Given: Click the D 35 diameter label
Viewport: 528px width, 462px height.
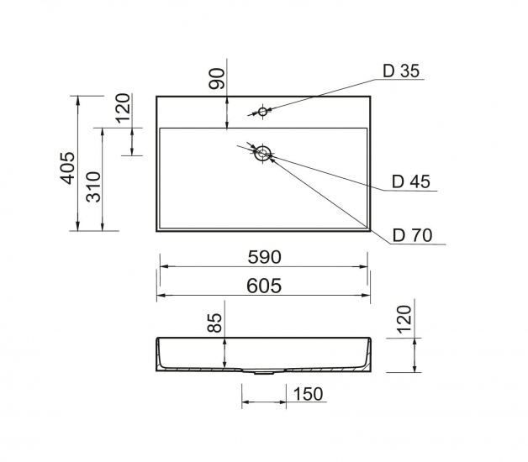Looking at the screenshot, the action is [x=401, y=71].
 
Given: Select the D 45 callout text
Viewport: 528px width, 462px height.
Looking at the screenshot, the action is [x=411, y=181].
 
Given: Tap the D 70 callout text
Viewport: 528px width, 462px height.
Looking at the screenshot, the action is [x=412, y=235].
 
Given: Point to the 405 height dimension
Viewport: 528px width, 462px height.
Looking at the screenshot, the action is [x=67, y=168].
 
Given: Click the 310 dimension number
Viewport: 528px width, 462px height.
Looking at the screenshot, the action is [x=93, y=187].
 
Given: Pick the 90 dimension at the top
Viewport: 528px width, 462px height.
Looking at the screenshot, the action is [x=217, y=79].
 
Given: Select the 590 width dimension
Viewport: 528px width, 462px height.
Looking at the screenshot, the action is [x=264, y=257].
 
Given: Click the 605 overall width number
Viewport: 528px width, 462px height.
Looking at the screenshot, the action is [x=264, y=286].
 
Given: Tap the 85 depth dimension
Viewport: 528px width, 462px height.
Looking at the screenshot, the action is [x=214, y=323].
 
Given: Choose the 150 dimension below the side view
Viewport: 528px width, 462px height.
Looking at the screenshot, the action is [x=308, y=394].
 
